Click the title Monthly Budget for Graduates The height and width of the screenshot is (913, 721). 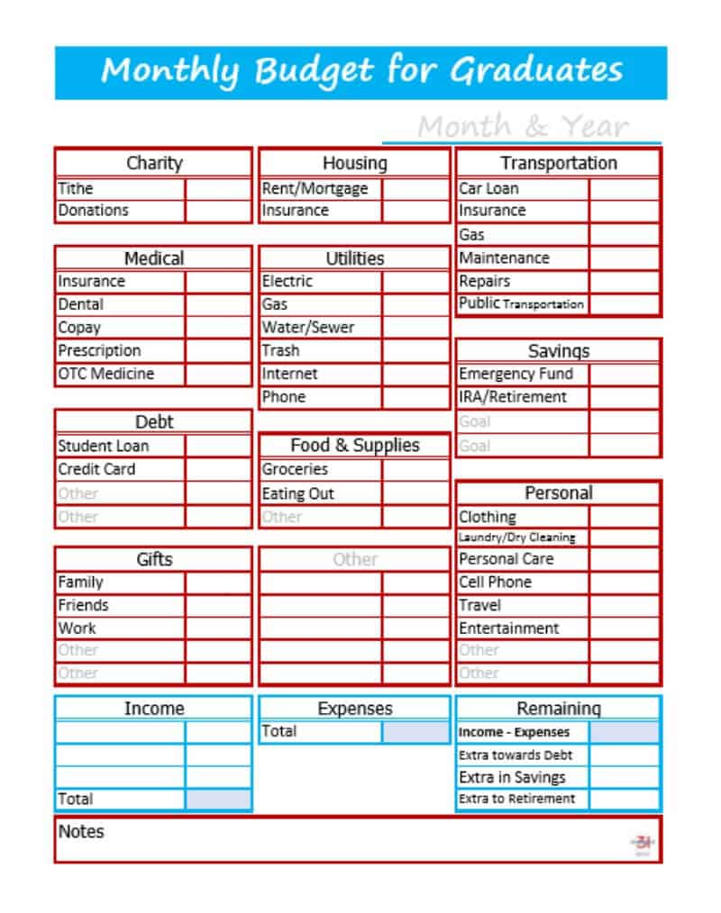(361, 71)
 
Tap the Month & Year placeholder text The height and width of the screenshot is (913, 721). (523, 127)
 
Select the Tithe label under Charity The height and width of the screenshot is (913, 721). (76, 188)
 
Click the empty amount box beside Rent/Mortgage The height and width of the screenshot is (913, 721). (415, 189)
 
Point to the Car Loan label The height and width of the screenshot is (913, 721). (488, 188)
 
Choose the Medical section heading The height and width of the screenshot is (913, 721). (153, 258)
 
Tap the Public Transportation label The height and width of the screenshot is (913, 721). (521, 304)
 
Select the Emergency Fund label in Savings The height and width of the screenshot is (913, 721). (516, 374)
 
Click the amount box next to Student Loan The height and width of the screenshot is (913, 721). (218, 446)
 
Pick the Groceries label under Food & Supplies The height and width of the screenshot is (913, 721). (295, 469)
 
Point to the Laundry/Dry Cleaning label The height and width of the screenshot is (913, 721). (516, 538)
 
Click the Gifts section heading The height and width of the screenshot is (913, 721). (153, 559)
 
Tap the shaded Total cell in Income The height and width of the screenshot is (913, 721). (218, 799)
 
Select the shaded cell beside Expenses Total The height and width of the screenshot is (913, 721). (415, 732)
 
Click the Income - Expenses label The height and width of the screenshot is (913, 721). (514, 732)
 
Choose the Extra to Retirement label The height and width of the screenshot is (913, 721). (516, 799)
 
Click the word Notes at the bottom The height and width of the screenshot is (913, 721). (81, 831)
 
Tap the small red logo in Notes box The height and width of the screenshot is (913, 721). (643, 844)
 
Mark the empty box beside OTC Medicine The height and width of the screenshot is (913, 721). (218, 374)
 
